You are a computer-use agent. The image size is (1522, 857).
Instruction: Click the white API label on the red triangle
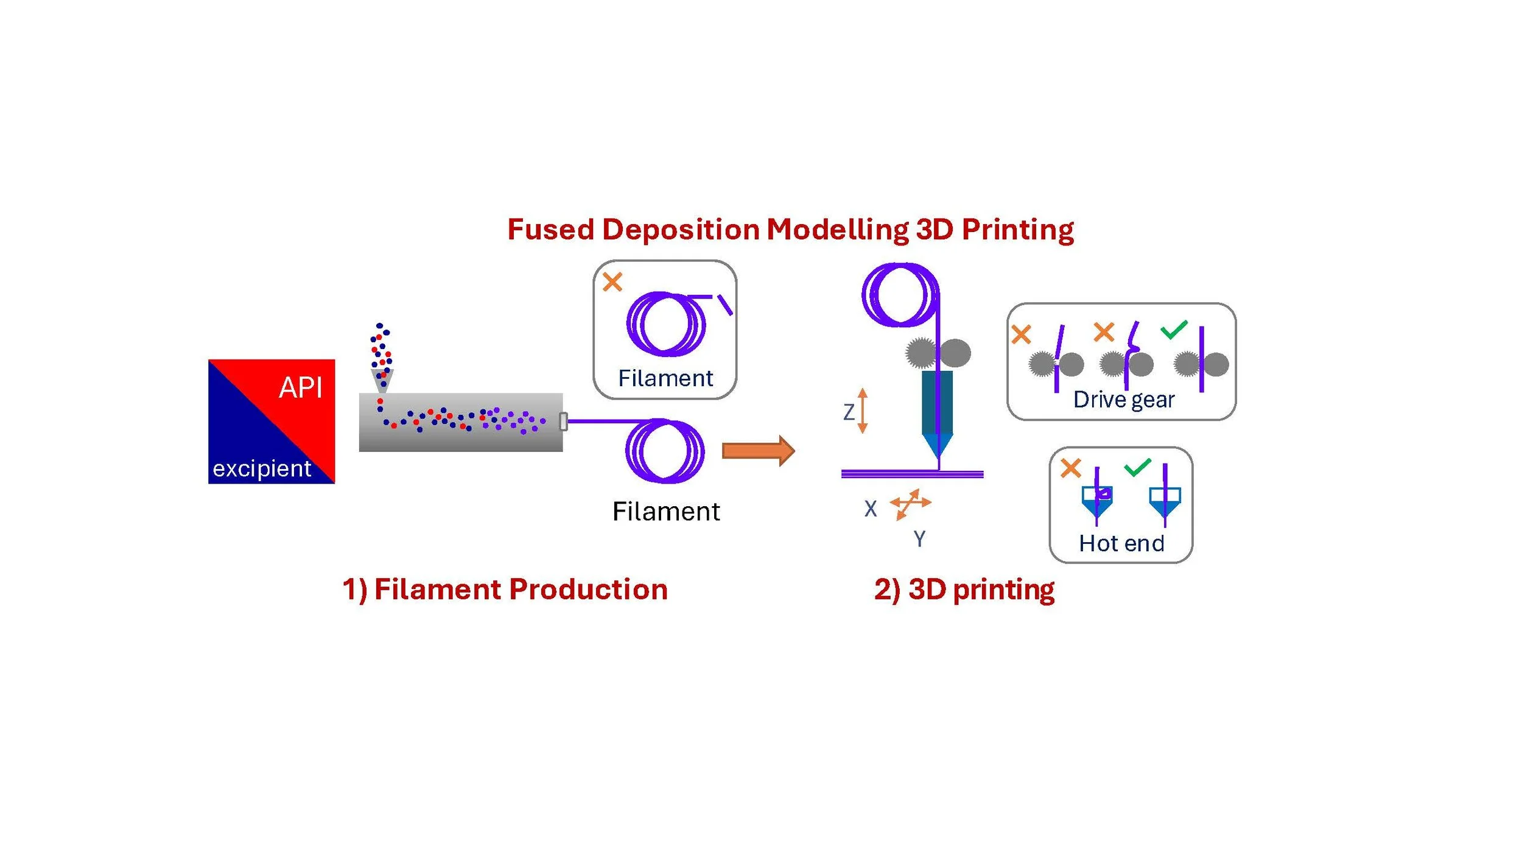pos(300,387)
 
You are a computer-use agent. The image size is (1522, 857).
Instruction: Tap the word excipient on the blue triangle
pos(262,468)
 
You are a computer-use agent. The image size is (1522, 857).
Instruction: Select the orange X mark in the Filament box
pos(612,282)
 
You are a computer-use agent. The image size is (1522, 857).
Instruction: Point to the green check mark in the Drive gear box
pos(1174,330)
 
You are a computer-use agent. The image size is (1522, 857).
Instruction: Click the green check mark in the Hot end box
pos(1137,467)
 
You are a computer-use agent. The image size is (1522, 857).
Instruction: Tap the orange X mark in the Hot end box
pos(1071,468)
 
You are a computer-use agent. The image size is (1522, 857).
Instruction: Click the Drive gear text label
pos(1124,400)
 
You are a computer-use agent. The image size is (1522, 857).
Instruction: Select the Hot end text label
pos(1121,543)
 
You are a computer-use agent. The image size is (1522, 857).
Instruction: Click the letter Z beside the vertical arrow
pos(849,412)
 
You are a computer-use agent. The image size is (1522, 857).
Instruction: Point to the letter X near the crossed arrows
pos(871,509)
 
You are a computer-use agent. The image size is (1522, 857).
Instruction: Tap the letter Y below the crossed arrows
pos(919,539)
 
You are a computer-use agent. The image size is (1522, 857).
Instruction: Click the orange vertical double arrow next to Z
pos(863,411)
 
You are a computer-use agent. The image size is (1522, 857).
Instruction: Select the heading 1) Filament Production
pos(505,590)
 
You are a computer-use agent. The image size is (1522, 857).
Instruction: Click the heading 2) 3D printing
pos(964,590)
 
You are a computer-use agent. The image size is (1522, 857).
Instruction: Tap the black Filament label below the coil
pos(666,512)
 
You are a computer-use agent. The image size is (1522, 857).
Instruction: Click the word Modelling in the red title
pos(838,230)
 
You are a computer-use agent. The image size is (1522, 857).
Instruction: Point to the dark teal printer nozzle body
pos(937,403)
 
